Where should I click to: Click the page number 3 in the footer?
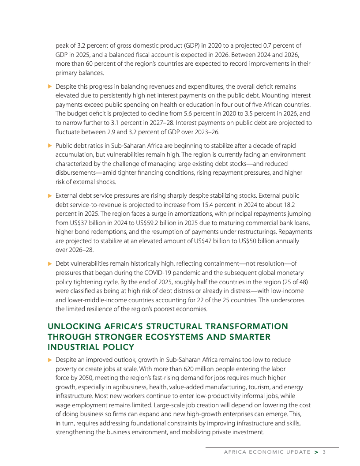(x=324, y=452)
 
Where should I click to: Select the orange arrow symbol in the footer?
(x=316, y=452)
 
